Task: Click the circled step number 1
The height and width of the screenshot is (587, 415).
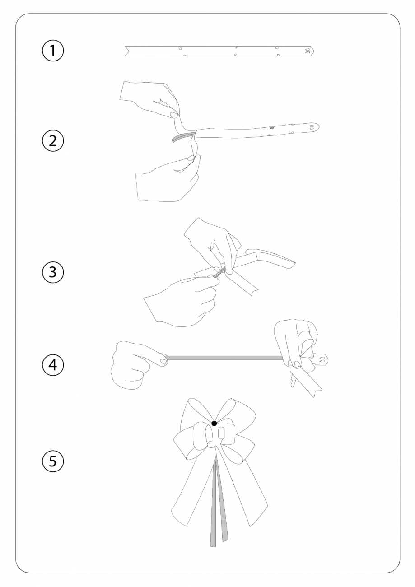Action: coord(53,51)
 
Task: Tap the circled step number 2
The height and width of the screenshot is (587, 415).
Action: coord(53,141)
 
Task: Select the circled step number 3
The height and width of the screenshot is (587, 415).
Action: coord(53,272)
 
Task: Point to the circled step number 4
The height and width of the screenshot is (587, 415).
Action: coord(53,365)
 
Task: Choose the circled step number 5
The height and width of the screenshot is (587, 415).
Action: coord(53,461)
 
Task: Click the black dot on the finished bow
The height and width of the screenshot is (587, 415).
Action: coord(214,423)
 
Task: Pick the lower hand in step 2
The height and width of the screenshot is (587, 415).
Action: coord(168,181)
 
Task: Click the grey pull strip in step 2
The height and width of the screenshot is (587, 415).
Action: coord(183,137)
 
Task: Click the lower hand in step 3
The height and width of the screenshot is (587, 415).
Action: coord(183,301)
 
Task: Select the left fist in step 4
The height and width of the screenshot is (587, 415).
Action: coord(136,364)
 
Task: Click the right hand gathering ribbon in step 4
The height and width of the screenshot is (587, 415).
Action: coord(296,343)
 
